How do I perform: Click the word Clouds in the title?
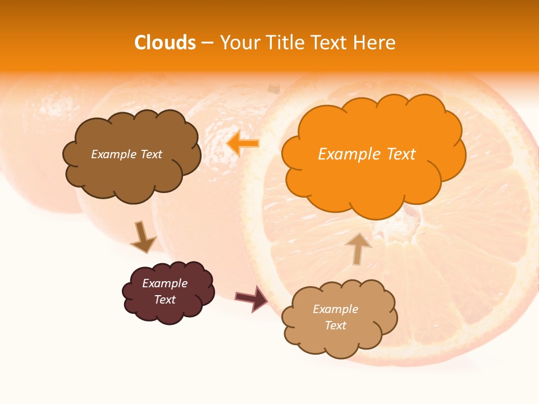coord(165,43)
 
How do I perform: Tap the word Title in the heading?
coord(285,43)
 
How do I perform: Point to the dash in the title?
coord(207,43)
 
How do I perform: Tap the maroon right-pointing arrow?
coord(251,298)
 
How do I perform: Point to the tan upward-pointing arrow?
coord(358,247)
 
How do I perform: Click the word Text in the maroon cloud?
coord(165,300)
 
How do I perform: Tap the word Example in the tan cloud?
coord(335,309)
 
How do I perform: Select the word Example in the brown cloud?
coord(113,154)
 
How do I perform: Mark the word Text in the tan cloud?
coord(335,325)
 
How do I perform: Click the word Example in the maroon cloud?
coord(165,283)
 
